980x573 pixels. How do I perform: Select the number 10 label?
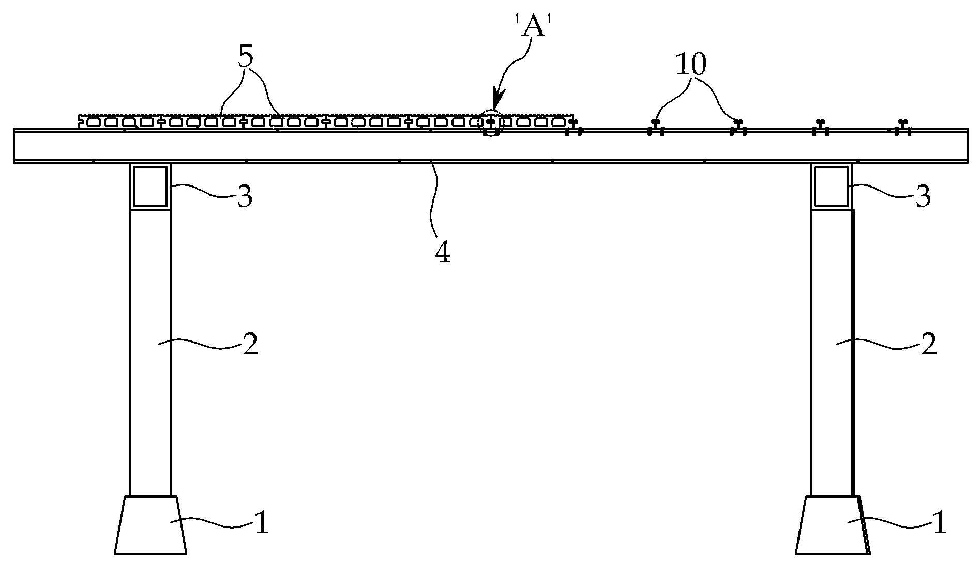pos(691,65)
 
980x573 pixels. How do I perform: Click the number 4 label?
pos(443,253)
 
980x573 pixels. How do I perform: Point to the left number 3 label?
pos(245,197)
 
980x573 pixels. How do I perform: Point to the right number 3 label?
pos(923,197)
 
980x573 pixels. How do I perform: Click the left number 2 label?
pos(250,345)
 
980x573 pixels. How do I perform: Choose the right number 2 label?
pos(929,345)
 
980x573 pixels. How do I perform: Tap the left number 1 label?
pos(263,523)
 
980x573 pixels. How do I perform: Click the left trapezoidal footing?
pos(150,525)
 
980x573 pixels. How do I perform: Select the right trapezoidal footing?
pos(832,525)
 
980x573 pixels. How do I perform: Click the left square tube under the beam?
pos(150,186)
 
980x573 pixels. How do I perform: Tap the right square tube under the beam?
pos(831,186)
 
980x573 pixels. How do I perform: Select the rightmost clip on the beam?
pos(903,128)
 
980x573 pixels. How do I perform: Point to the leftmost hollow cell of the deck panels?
pos(94,122)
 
